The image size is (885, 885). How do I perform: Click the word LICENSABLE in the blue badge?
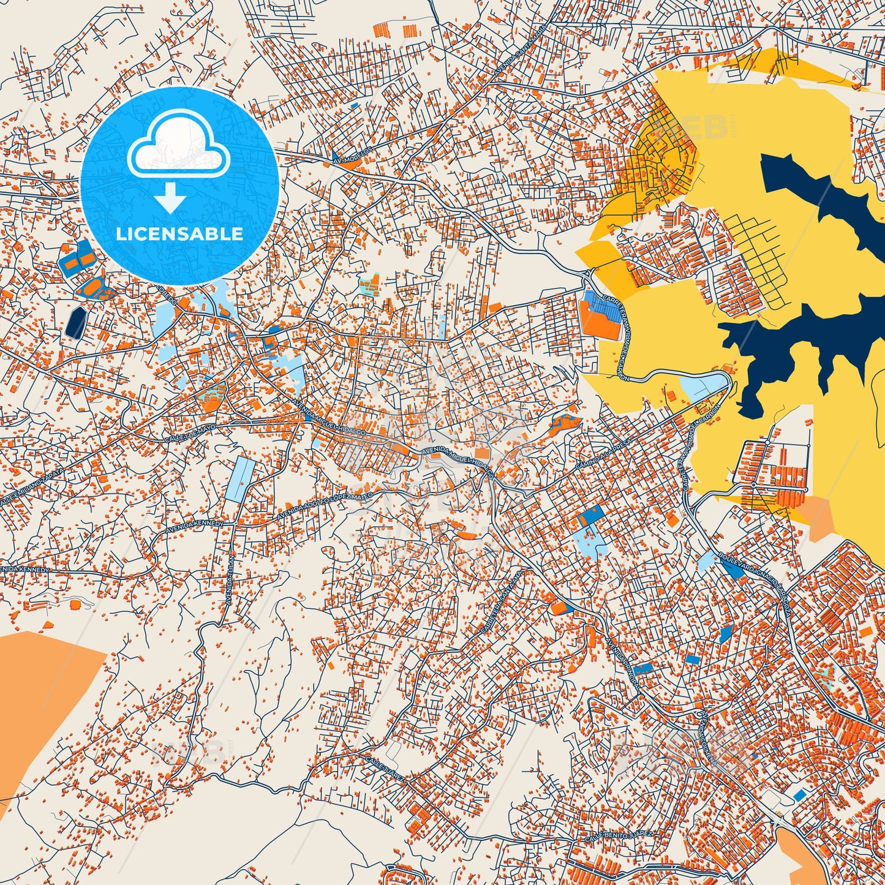click(179, 234)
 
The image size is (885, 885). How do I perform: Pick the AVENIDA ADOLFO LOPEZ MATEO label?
click(317, 506)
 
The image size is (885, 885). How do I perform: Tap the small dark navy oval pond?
click(76, 322)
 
